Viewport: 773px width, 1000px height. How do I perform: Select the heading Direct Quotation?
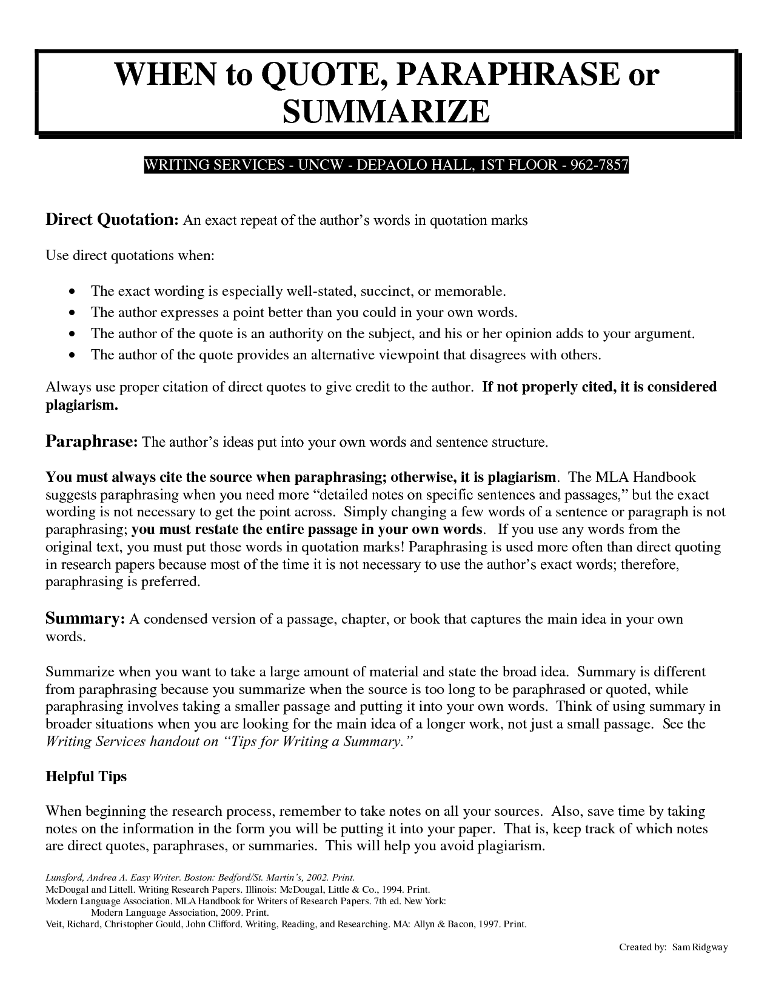point(112,219)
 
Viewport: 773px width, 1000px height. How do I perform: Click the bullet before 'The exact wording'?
point(73,292)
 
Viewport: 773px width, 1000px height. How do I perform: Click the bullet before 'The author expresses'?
point(73,313)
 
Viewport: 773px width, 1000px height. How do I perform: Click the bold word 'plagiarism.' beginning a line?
point(82,405)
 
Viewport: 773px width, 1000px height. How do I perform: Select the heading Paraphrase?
point(92,441)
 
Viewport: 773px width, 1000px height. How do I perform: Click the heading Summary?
point(85,619)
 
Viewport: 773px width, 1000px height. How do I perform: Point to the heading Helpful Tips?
point(86,776)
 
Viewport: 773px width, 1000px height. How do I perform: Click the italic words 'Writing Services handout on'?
point(132,742)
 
